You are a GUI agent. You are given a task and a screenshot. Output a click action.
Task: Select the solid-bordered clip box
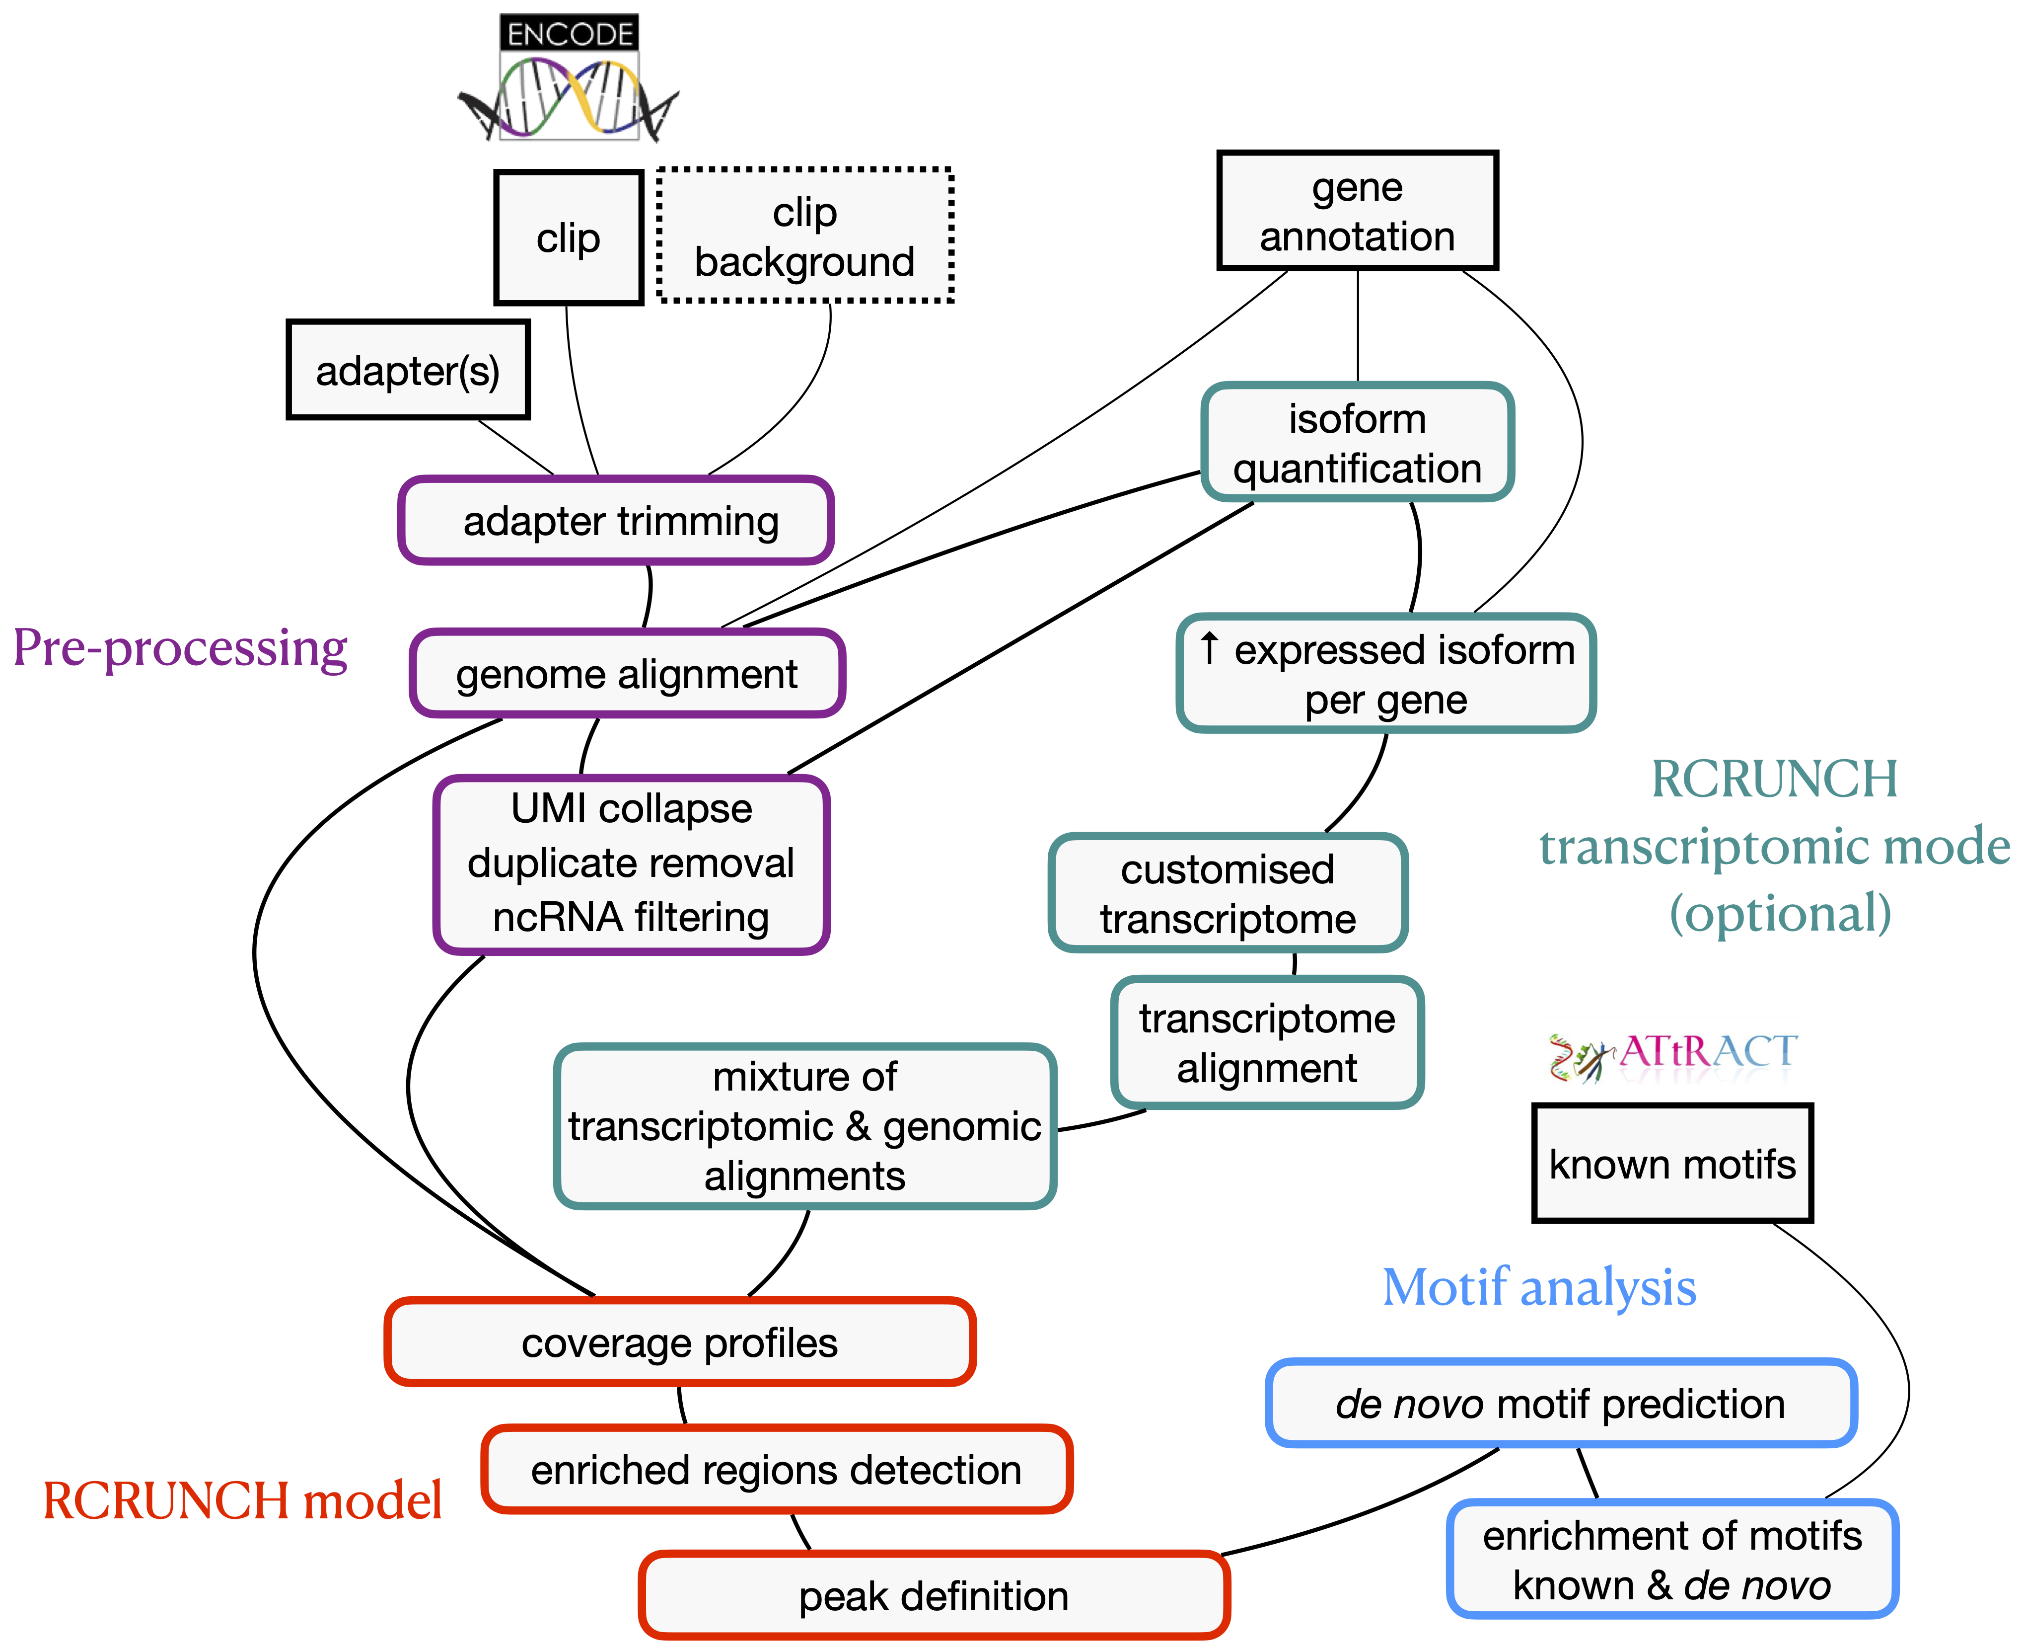tap(569, 238)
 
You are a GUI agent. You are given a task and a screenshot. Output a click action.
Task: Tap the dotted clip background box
tap(804, 236)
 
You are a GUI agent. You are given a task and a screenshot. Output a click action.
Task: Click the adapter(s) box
tap(408, 370)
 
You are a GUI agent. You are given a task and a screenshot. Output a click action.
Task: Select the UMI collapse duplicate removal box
tap(631, 864)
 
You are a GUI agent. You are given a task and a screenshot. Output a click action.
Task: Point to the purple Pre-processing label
tap(181, 648)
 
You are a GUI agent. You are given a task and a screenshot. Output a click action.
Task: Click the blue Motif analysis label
tap(1539, 1288)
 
